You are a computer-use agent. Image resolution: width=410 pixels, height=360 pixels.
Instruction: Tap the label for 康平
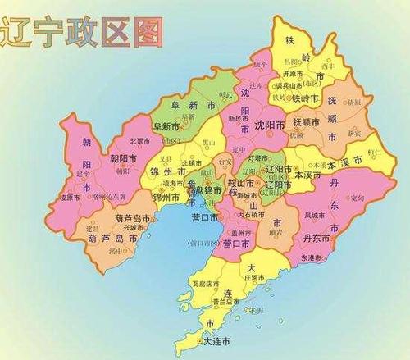point(262,64)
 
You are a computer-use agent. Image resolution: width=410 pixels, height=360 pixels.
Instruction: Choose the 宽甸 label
point(358,197)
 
